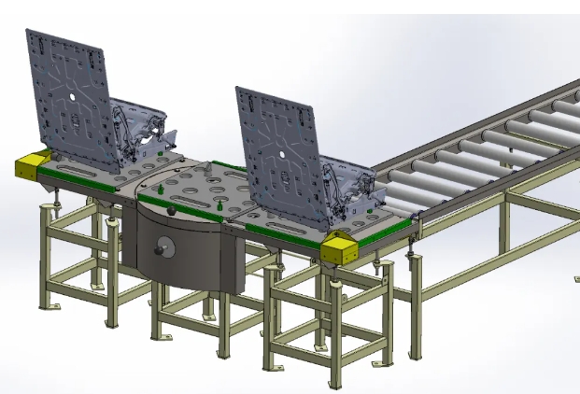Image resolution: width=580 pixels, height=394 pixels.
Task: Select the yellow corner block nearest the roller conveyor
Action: pos(338,248)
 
